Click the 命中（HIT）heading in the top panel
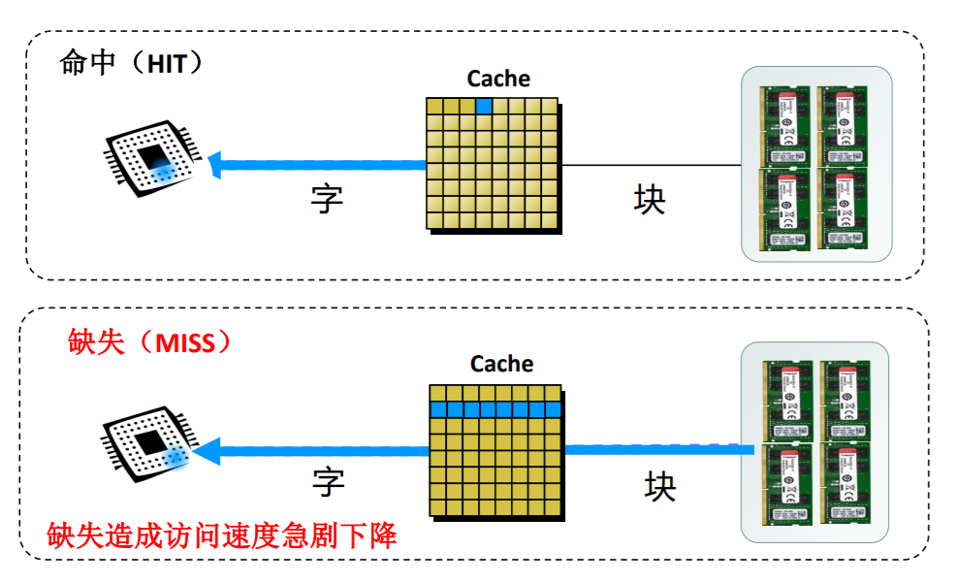(131, 64)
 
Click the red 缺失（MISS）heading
(150, 342)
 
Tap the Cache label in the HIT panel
(498, 79)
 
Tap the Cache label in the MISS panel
(501, 364)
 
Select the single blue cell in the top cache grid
(484, 106)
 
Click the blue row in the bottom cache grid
(495, 409)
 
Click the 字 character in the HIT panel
(327, 199)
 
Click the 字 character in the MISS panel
(329, 481)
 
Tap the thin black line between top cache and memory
(650, 166)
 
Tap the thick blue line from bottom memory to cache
(659, 449)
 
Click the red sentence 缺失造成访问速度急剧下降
(222, 534)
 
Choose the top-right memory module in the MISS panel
(846, 398)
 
